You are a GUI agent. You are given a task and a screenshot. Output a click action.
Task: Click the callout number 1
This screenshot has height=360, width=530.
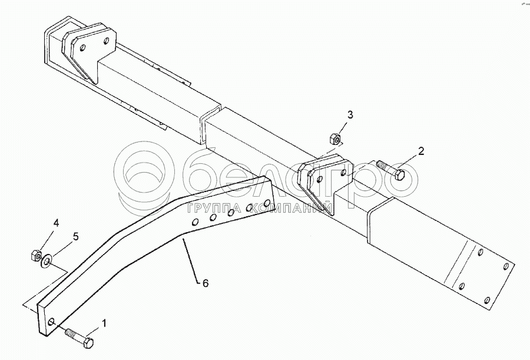[105, 323]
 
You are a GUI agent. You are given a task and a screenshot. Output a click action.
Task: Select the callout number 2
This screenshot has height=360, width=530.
[421, 151]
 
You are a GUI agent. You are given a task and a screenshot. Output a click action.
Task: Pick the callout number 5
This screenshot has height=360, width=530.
[75, 237]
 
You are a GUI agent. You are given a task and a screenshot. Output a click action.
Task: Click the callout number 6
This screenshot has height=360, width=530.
[205, 283]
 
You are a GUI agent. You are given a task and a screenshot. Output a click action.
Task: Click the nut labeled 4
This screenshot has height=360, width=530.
[34, 256]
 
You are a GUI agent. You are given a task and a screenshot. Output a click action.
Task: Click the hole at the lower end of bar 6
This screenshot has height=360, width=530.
[53, 322]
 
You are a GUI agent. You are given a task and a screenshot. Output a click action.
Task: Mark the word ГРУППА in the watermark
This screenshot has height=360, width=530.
[210, 209]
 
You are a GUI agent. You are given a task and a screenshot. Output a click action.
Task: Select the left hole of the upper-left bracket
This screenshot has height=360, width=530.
[85, 48]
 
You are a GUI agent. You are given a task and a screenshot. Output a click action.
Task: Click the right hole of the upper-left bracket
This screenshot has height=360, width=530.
[106, 41]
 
